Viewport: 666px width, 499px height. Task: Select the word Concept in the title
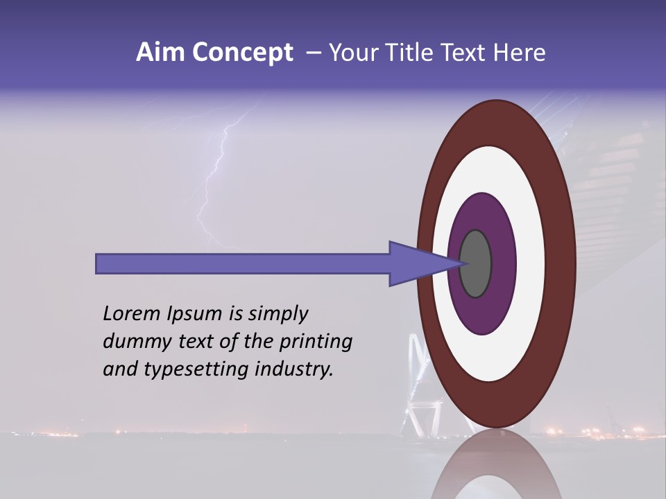242,53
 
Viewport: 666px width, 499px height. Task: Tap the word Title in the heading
417,53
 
